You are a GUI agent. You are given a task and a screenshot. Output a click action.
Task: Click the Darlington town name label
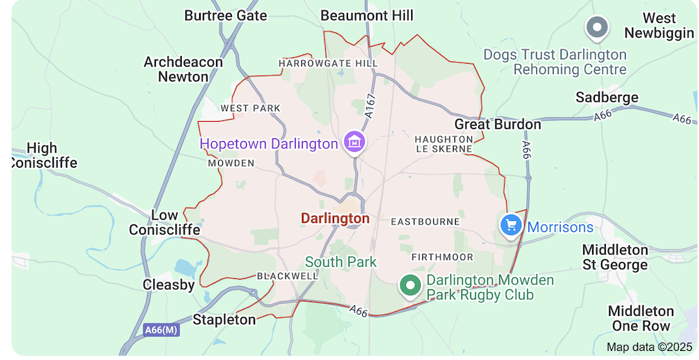coord(335,219)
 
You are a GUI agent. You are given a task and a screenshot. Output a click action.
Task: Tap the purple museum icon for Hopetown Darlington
coord(355,142)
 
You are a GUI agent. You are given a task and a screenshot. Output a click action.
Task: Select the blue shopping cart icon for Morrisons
coord(511,225)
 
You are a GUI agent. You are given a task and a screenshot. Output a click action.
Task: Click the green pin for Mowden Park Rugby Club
coord(410,285)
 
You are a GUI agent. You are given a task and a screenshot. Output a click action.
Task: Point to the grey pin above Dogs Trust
coord(597,28)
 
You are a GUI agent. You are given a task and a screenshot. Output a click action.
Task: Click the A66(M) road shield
coord(161,330)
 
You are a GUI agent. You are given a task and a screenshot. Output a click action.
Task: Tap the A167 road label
coord(370,104)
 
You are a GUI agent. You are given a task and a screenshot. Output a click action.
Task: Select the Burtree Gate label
coord(225,15)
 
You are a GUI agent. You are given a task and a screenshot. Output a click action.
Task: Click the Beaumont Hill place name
coord(366,15)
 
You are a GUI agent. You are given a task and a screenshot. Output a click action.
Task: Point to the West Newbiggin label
coord(659,26)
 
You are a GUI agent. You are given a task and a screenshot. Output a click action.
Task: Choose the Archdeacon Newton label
coord(183,69)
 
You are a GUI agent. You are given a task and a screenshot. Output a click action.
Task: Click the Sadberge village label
coord(607,97)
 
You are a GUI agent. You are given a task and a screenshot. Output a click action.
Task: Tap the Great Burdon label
coord(498,124)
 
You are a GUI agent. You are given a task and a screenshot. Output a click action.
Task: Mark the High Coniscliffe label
coord(42,155)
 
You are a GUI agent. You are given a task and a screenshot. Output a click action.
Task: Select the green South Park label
coord(340,262)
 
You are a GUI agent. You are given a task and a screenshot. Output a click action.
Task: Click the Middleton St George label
coord(615,257)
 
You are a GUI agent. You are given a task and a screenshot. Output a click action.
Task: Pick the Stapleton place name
coord(224,319)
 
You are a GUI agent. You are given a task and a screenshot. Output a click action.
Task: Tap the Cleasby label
coord(168,285)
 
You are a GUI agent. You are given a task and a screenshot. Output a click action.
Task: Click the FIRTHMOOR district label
coord(442,257)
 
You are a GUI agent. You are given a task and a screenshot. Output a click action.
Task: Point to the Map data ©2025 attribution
coord(649,347)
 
